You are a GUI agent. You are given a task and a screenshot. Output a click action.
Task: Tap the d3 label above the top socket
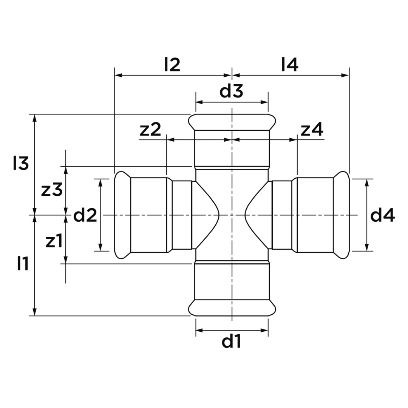(231, 91)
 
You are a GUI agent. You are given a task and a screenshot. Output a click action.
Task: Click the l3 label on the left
(21, 164)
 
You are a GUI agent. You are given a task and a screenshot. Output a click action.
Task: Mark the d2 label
(85, 215)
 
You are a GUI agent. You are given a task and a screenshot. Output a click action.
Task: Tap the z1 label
(54, 241)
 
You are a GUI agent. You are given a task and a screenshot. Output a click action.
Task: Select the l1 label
(23, 264)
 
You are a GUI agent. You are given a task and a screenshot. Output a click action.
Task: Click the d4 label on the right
(382, 215)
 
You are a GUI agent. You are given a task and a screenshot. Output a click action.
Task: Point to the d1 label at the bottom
(231, 341)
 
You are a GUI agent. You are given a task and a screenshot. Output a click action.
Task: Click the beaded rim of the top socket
(232, 122)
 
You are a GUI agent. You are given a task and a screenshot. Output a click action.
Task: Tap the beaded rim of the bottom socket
(232, 308)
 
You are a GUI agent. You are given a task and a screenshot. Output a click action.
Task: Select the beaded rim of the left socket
(122, 215)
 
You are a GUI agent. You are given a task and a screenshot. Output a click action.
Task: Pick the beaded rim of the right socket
(342, 215)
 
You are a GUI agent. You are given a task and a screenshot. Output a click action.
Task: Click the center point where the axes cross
(232, 215)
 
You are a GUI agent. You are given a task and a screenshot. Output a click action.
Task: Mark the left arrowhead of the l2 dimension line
(118, 76)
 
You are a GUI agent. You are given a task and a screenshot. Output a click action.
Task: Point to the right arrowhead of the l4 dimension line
(345, 76)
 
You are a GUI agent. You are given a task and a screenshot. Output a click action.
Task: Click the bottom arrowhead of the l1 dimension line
(35, 312)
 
